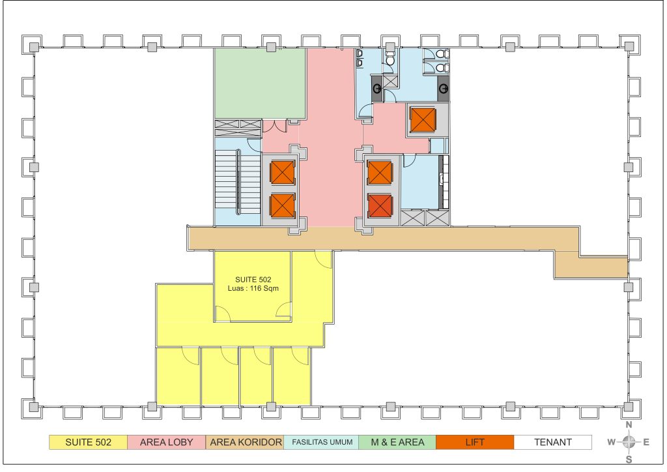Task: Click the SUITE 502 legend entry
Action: (88, 442)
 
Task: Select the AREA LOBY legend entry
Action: (166, 442)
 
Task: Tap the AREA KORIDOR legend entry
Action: (245, 442)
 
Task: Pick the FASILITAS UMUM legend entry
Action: (321, 442)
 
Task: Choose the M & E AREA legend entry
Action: (397, 442)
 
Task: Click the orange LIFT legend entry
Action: (475, 442)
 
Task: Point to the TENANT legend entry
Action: (552, 442)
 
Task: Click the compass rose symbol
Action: (629, 442)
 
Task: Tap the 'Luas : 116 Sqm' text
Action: (253, 288)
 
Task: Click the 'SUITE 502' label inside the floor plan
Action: (253, 280)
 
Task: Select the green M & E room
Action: (260, 83)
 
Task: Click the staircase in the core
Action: (238, 181)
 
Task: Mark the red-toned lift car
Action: (380, 205)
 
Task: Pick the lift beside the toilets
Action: (423, 120)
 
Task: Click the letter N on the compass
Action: (629, 425)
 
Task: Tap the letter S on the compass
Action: (629, 460)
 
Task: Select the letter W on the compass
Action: (611, 442)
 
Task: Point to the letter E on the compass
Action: (646, 442)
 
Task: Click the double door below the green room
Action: (276, 126)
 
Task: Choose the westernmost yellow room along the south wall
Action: (178, 376)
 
